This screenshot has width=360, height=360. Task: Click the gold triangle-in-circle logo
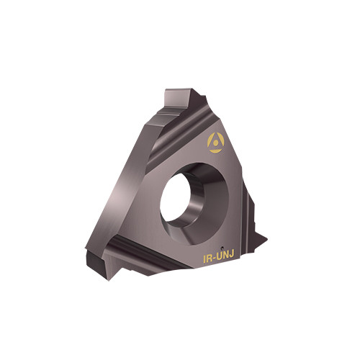[216, 143]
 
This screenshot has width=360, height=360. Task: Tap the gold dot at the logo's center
[216, 143]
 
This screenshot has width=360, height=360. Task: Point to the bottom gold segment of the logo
[215, 151]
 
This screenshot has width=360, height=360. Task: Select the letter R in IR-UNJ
[210, 258]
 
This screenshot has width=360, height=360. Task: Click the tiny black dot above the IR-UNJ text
[222, 247]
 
